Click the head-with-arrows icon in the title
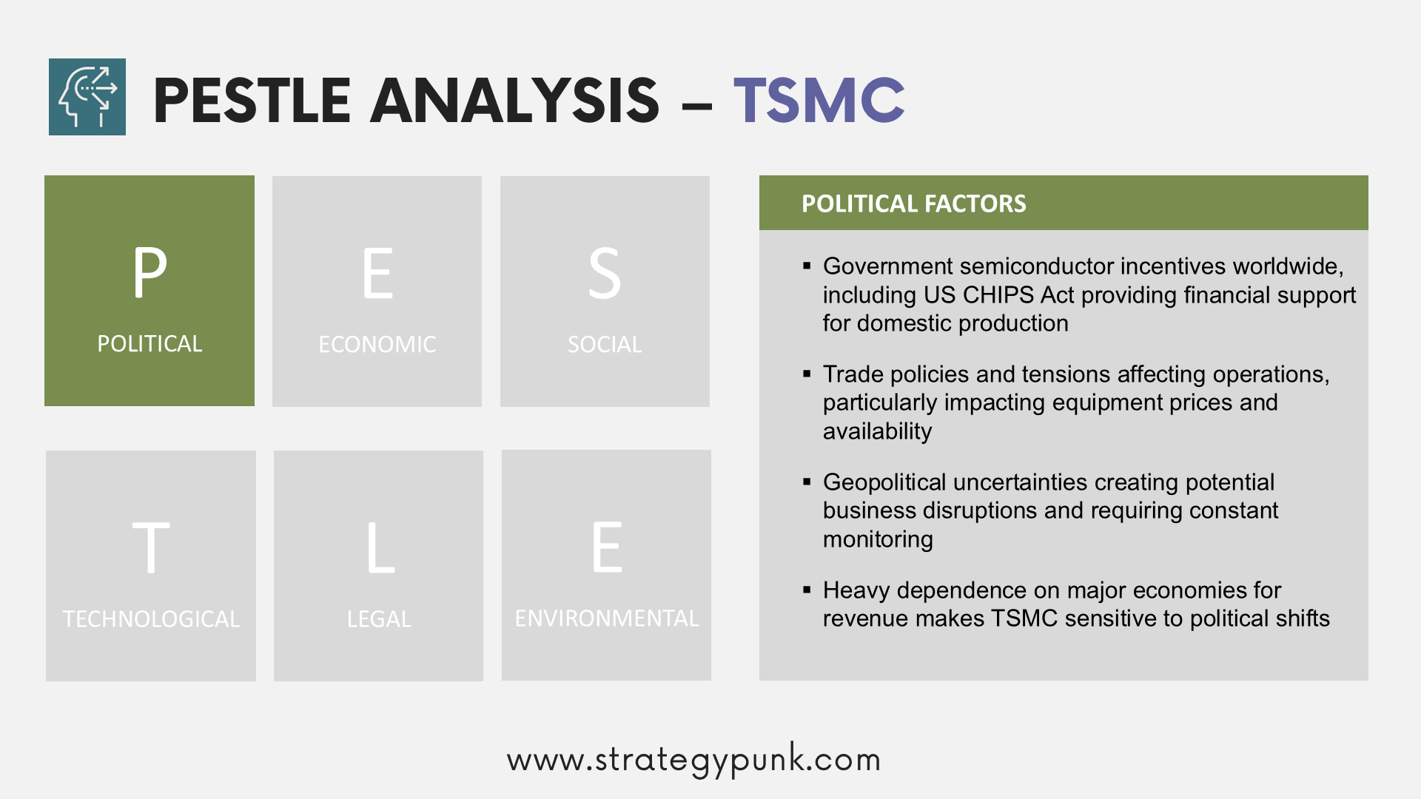(x=87, y=97)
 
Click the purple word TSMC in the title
(x=819, y=100)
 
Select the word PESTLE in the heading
(x=252, y=100)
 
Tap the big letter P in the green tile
(x=150, y=272)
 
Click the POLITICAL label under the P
(x=150, y=344)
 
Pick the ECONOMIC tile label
(x=377, y=345)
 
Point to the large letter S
(x=605, y=273)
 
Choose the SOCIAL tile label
(x=605, y=345)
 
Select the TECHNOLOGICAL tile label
(x=151, y=619)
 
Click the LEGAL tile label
(x=379, y=619)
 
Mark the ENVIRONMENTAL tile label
(x=607, y=618)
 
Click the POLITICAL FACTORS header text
(x=914, y=203)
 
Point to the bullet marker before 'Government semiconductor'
(x=807, y=266)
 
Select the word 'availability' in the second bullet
(x=877, y=431)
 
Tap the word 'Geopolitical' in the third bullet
(x=885, y=482)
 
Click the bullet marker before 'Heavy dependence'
(x=807, y=590)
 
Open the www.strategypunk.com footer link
(x=694, y=760)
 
